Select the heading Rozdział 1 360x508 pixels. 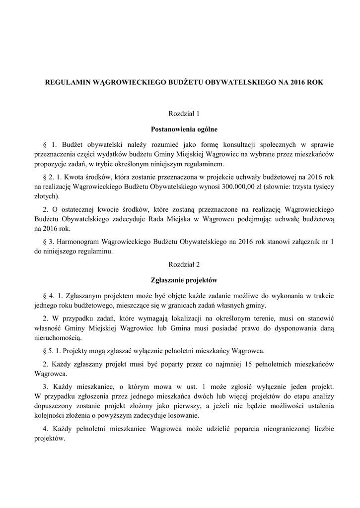point(180,113)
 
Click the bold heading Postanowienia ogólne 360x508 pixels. point(180,129)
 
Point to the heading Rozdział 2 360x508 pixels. point(180,265)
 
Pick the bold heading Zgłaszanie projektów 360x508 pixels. point(180,280)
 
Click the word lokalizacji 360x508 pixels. point(153,318)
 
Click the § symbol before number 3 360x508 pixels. point(46,242)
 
